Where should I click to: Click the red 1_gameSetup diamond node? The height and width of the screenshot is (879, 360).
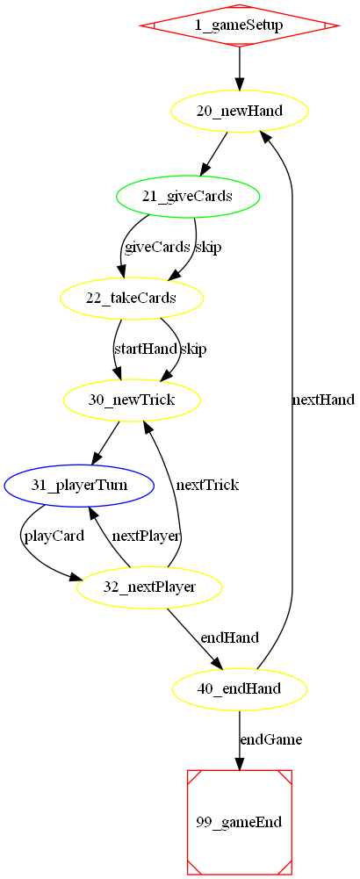[x=239, y=25]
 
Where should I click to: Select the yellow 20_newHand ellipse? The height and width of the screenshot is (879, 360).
[x=239, y=112]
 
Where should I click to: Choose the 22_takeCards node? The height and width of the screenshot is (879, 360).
[x=132, y=299]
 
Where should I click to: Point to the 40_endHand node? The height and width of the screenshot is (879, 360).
[x=239, y=688]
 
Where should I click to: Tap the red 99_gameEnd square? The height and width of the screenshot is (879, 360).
[x=239, y=823]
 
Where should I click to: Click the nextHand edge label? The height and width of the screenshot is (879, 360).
[x=323, y=400]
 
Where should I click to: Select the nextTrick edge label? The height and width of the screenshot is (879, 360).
[x=207, y=485]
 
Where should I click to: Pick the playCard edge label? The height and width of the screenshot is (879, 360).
[x=54, y=536]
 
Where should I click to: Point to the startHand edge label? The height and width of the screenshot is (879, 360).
[x=145, y=349]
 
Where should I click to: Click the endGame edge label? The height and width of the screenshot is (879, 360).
[x=271, y=739]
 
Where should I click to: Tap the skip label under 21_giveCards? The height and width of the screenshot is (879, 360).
[x=208, y=248]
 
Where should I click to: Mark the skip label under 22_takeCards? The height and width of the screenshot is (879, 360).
[x=193, y=349]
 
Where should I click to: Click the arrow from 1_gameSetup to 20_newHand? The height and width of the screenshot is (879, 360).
[x=239, y=66]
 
